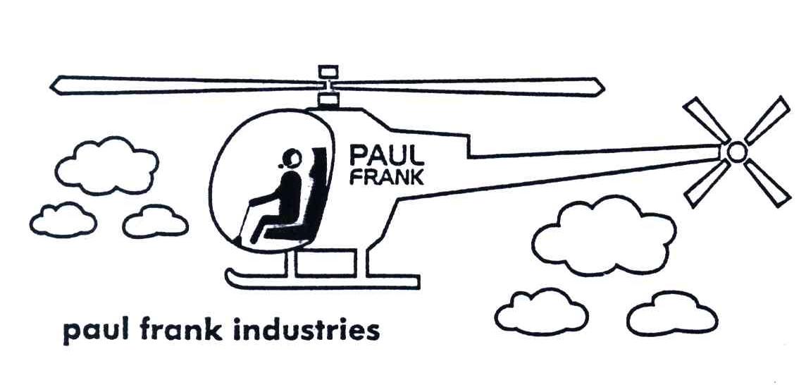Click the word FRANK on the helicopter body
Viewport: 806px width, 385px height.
[x=387, y=176]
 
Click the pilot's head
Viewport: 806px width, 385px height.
[x=292, y=157]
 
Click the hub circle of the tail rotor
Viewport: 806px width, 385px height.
[x=736, y=152]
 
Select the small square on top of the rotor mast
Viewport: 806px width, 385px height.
[x=328, y=71]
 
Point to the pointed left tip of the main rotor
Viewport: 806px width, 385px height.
[x=55, y=83]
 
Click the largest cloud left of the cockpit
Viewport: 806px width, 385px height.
[x=106, y=166]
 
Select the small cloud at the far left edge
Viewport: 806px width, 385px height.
[x=63, y=220]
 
